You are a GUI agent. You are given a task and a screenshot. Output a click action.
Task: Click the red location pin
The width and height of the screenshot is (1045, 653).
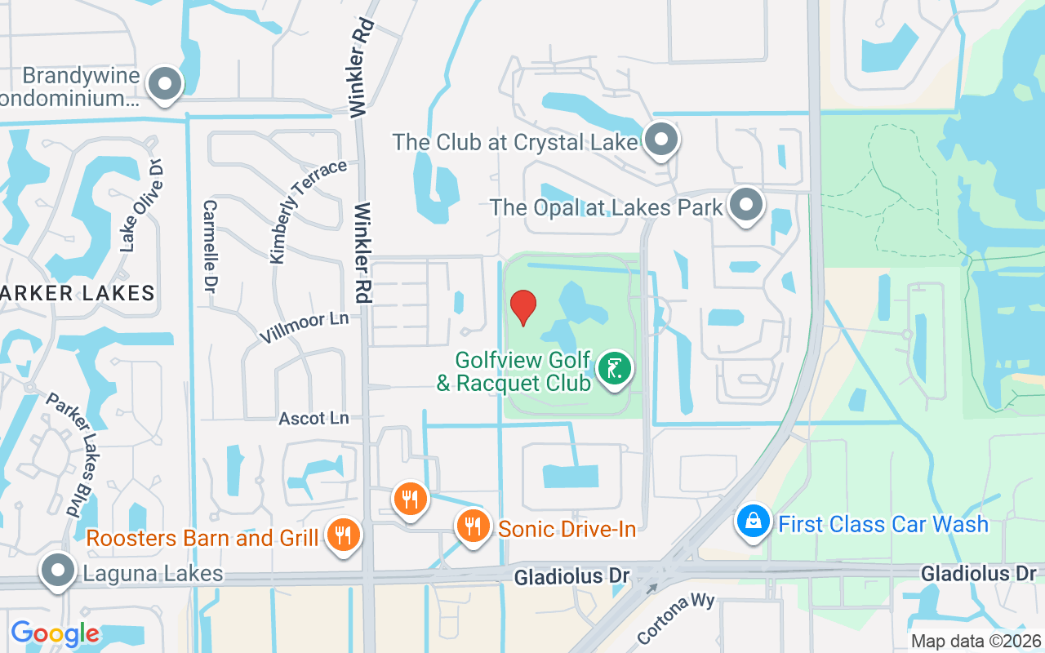(x=522, y=307)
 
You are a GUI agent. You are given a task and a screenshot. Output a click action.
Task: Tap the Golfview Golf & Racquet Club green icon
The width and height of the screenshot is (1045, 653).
(x=615, y=368)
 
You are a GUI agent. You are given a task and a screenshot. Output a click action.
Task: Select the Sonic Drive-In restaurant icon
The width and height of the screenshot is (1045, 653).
(x=473, y=526)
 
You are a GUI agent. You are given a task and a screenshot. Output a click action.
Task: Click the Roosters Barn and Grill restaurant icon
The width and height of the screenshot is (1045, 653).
(x=343, y=535)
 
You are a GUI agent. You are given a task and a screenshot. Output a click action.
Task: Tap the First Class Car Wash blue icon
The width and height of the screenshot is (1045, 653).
(x=754, y=521)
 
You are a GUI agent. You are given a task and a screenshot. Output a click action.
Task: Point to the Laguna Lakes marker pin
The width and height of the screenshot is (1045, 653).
(x=57, y=571)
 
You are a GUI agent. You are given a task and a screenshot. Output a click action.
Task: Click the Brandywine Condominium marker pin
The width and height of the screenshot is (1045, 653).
(x=165, y=83)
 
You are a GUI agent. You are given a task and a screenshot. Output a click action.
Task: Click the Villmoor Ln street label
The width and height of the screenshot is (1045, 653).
(x=304, y=326)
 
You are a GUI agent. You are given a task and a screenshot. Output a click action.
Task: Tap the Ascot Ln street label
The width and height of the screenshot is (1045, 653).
(x=313, y=418)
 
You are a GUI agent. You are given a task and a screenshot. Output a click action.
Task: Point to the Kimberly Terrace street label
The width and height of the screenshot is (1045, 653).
(x=308, y=212)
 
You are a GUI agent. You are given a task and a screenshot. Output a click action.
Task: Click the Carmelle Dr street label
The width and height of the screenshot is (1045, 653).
(x=210, y=247)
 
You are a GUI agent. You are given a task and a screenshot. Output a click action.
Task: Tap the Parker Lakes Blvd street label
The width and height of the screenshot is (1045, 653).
(x=73, y=455)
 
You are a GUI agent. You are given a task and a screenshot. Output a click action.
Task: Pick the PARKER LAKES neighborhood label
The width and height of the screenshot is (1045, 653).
(x=77, y=293)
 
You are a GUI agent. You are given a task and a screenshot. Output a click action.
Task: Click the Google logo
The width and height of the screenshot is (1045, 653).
(x=55, y=633)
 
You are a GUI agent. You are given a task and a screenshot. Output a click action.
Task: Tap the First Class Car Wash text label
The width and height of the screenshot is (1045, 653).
(x=883, y=523)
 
